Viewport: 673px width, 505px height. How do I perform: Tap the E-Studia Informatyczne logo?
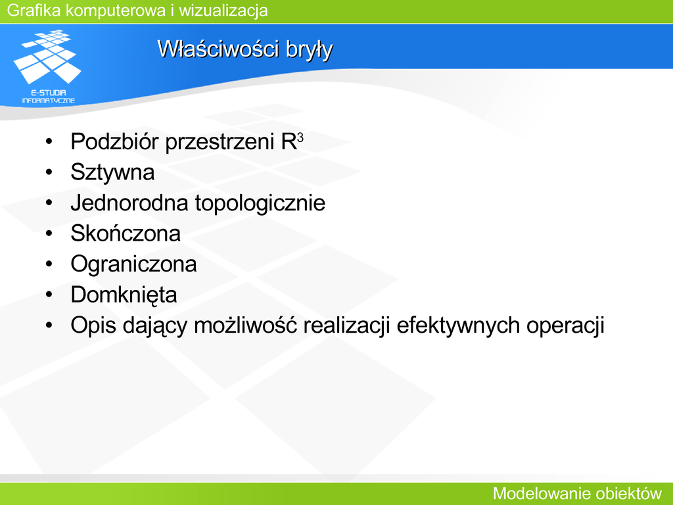click(x=47, y=66)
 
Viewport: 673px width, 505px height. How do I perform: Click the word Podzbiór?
click(x=114, y=142)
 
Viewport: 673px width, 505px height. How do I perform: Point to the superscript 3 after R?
click(x=300, y=137)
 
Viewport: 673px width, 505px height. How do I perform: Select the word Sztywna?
click(x=112, y=173)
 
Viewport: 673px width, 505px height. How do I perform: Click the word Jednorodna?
click(x=129, y=203)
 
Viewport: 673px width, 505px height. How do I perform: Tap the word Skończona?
click(x=126, y=233)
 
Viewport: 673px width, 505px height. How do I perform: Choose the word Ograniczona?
click(x=133, y=264)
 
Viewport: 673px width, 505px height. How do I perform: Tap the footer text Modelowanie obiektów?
click(x=577, y=494)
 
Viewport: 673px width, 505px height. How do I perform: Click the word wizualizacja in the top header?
click(x=223, y=11)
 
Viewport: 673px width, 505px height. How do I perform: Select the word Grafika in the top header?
click(x=34, y=11)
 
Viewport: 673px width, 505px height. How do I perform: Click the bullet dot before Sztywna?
click(x=49, y=173)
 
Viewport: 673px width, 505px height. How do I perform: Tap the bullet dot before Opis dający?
click(x=49, y=325)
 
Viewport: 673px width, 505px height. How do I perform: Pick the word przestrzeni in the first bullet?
click(x=220, y=143)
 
